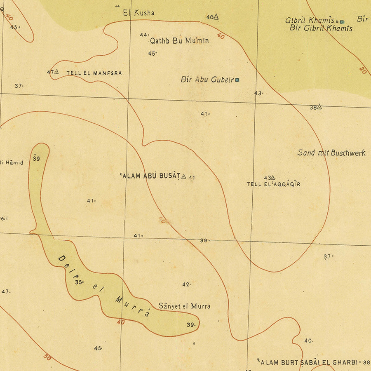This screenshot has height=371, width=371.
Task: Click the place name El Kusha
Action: [x=139, y=13]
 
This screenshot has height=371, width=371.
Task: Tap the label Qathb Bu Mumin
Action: [x=179, y=40]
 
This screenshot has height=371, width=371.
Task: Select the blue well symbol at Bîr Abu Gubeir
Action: [x=237, y=80]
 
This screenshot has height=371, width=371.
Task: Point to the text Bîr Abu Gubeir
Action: [x=207, y=80]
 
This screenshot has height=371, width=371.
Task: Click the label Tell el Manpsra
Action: [x=94, y=73]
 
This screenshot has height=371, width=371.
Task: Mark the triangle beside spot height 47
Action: [x=56, y=72]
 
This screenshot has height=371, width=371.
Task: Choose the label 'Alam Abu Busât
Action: [x=150, y=176]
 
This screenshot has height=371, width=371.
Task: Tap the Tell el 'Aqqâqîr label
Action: [x=273, y=184]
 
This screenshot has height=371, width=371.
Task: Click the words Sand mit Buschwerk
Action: [x=331, y=153]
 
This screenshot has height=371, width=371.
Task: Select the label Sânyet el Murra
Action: [x=184, y=306]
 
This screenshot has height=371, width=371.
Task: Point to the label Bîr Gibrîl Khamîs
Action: [x=321, y=28]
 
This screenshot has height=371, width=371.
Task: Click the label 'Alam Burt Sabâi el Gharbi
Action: [x=309, y=362]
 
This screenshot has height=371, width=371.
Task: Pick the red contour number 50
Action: [x=47, y=357]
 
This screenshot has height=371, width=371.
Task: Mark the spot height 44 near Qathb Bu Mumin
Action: [x=143, y=35]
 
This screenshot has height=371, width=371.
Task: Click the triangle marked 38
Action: [x=319, y=107]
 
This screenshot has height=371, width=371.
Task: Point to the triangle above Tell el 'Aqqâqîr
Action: [x=272, y=177]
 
